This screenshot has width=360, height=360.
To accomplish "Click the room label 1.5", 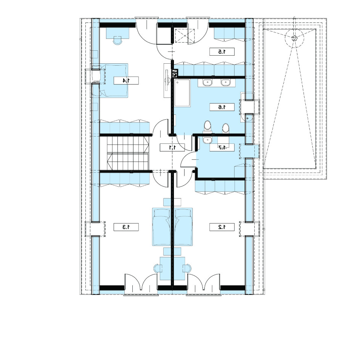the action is click(x=222, y=51).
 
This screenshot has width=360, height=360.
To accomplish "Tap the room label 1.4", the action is click(x=126, y=80).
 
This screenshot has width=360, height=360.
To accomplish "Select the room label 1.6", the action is click(x=222, y=107).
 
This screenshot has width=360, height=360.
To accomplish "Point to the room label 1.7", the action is click(x=222, y=147).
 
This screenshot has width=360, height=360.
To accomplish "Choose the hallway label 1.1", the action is click(x=172, y=147).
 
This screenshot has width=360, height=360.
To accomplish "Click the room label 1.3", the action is click(x=126, y=227).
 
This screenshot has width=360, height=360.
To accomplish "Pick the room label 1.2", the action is click(x=222, y=227).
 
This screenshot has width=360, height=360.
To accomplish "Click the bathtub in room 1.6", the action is click(x=182, y=93).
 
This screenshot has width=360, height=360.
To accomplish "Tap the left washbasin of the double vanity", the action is click(x=208, y=82).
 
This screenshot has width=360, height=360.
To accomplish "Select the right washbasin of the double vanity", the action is click(x=225, y=82).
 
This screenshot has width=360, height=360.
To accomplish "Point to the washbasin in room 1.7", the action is click(x=207, y=140).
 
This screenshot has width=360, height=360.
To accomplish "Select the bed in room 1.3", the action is click(x=162, y=227).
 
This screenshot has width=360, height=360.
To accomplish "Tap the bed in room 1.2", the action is click(x=183, y=227).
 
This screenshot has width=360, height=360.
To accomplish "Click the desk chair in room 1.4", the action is click(x=117, y=40).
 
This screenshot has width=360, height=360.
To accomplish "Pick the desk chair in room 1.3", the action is click(x=158, y=268).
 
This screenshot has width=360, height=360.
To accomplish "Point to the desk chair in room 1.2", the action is click(x=187, y=268).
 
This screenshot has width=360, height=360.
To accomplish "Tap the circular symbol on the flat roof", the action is click(x=294, y=38).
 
